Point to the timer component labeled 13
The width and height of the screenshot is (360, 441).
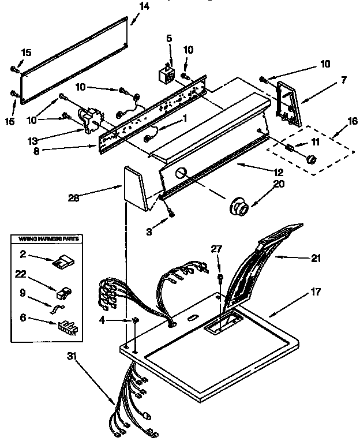coord(91,120)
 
